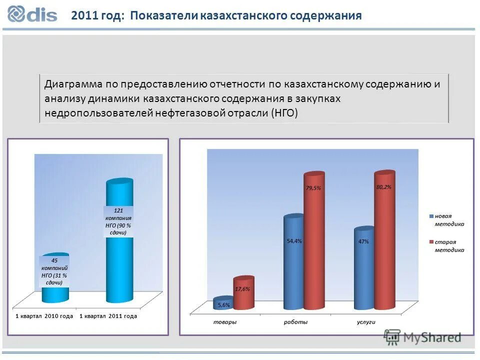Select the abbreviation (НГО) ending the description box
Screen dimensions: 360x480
pyautogui.click(x=284, y=113)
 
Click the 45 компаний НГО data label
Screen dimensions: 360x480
pyautogui.click(x=54, y=271)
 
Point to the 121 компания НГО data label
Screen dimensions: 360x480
pyautogui.click(x=118, y=221)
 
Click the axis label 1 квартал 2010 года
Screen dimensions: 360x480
pyautogui.click(x=44, y=316)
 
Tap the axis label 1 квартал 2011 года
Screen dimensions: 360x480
pyautogui.click(x=108, y=316)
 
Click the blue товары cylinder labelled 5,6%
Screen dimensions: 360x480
pyautogui.click(x=223, y=303)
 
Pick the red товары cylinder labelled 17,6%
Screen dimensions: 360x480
pyautogui.click(x=243, y=292)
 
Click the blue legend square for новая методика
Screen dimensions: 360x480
pyautogui.click(x=431, y=216)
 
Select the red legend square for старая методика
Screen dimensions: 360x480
pyautogui.click(x=431, y=242)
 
